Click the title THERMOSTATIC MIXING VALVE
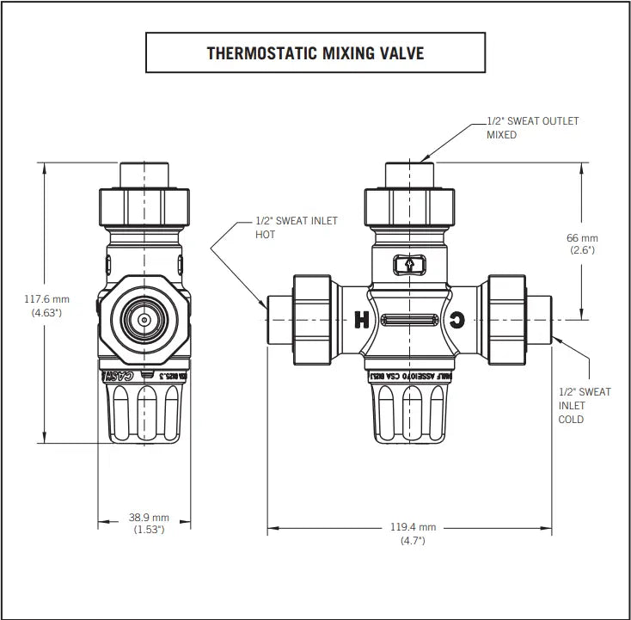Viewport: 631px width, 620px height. click(x=315, y=53)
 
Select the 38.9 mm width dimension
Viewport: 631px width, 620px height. click(x=149, y=518)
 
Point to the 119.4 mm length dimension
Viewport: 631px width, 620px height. click(x=412, y=527)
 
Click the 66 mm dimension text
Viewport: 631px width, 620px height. click(x=582, y=237)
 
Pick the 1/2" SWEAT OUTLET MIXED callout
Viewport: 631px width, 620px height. click(x=532, y=127)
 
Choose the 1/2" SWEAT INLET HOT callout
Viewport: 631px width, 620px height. click(x=297, y=227)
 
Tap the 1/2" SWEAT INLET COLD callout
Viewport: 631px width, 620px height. click(x=585, y=405)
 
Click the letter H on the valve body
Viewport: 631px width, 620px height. click(x=362, y=321)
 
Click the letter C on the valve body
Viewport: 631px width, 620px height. click(x=457, y=321)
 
